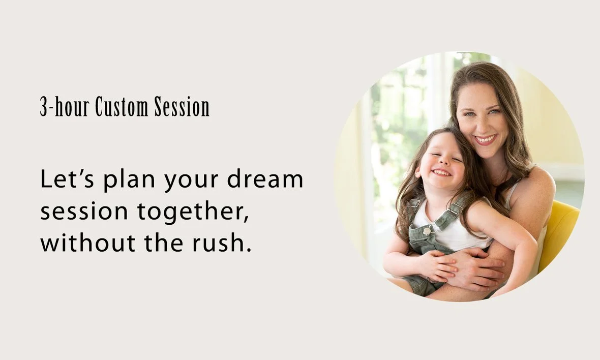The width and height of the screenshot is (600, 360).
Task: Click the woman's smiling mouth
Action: tap(486, 139)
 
